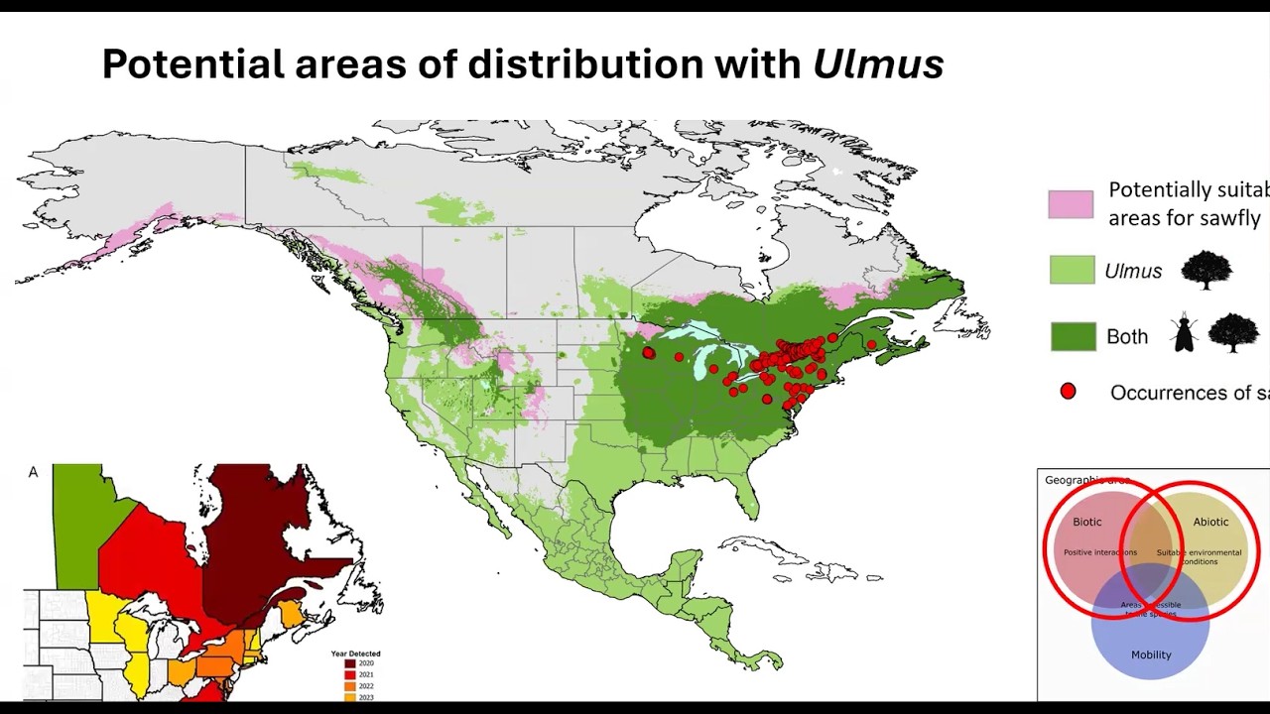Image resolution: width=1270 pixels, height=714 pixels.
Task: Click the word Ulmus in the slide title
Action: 878,64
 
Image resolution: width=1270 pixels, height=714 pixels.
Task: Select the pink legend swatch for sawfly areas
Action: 1071,204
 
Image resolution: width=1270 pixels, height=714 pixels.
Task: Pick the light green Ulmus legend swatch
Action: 1072,270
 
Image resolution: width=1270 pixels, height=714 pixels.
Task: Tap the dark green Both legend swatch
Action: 1073,337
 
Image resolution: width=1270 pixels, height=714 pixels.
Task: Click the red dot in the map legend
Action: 1068,392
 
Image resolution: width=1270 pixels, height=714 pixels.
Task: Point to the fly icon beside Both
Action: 1184,334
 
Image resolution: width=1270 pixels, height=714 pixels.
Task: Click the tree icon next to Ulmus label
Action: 1206,270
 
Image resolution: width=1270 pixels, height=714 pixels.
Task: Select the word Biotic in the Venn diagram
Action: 1086,522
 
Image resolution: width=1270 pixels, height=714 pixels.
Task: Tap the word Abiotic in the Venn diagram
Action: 1210,522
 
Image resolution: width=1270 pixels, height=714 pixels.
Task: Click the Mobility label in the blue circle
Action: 1151,654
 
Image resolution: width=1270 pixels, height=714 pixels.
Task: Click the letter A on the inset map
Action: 34,472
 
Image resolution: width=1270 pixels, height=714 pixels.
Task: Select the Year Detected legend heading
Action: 355,654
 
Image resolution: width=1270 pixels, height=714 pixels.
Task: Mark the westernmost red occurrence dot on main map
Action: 649,353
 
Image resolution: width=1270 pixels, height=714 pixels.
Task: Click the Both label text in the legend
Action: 1127,337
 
